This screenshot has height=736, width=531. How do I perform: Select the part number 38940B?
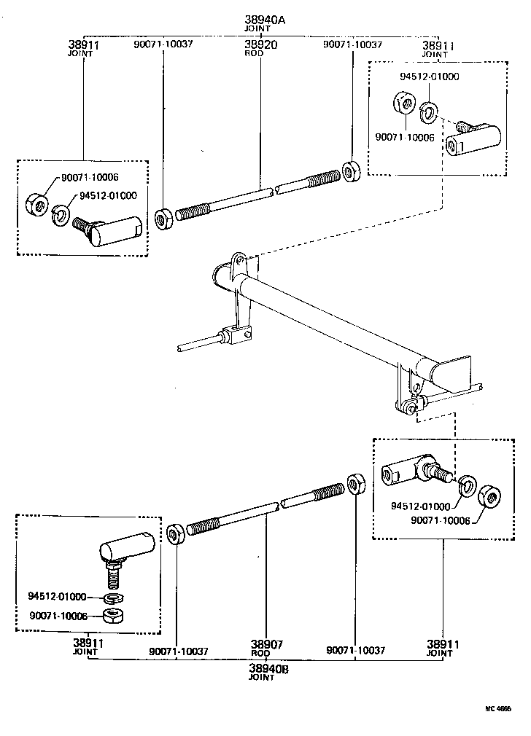click(x=261, y=668)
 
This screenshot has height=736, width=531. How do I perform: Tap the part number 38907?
click(x=261, y=645)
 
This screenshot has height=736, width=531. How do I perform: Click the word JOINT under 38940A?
click(x=258, y=29)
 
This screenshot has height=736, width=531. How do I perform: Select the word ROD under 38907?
click(x=261, y=654)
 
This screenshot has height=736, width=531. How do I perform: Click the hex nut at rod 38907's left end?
click(x=175, y=534)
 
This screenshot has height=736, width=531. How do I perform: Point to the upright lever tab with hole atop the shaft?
click(x=236, y=262)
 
